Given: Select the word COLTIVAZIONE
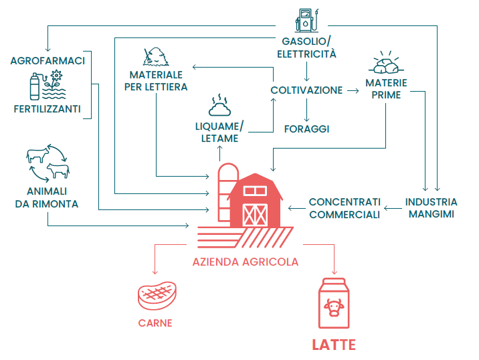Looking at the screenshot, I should pyautogui.click(x=306, y=90).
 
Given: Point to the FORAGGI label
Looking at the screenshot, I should pyautogui.click(x=307, y=128).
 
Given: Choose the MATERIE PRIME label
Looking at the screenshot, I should pyautogui.click(x=387, y=90).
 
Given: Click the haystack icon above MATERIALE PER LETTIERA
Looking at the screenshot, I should pyautogui.click(x=156, y=54).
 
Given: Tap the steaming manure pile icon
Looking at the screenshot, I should pyautogui.click(x=219, y=105).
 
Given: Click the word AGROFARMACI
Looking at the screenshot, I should pyautogui.click(x=47, y=62).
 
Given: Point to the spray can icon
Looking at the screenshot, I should pyautogui.click(x=34, y=87).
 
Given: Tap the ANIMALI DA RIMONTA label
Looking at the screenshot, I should pyautogui.click(x=47, y=198).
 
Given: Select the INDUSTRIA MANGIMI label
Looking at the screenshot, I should pyautogui.click(x=432, y=208).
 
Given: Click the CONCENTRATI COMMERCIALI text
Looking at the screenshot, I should pyautogui.click(x=345, y=208).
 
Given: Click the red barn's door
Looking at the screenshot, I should pyautogui.click(x=254, y=214).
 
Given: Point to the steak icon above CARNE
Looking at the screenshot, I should pyautogui.click(x=155, y=295).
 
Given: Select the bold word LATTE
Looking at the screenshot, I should pyautogui.click(x=334, y=345).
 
